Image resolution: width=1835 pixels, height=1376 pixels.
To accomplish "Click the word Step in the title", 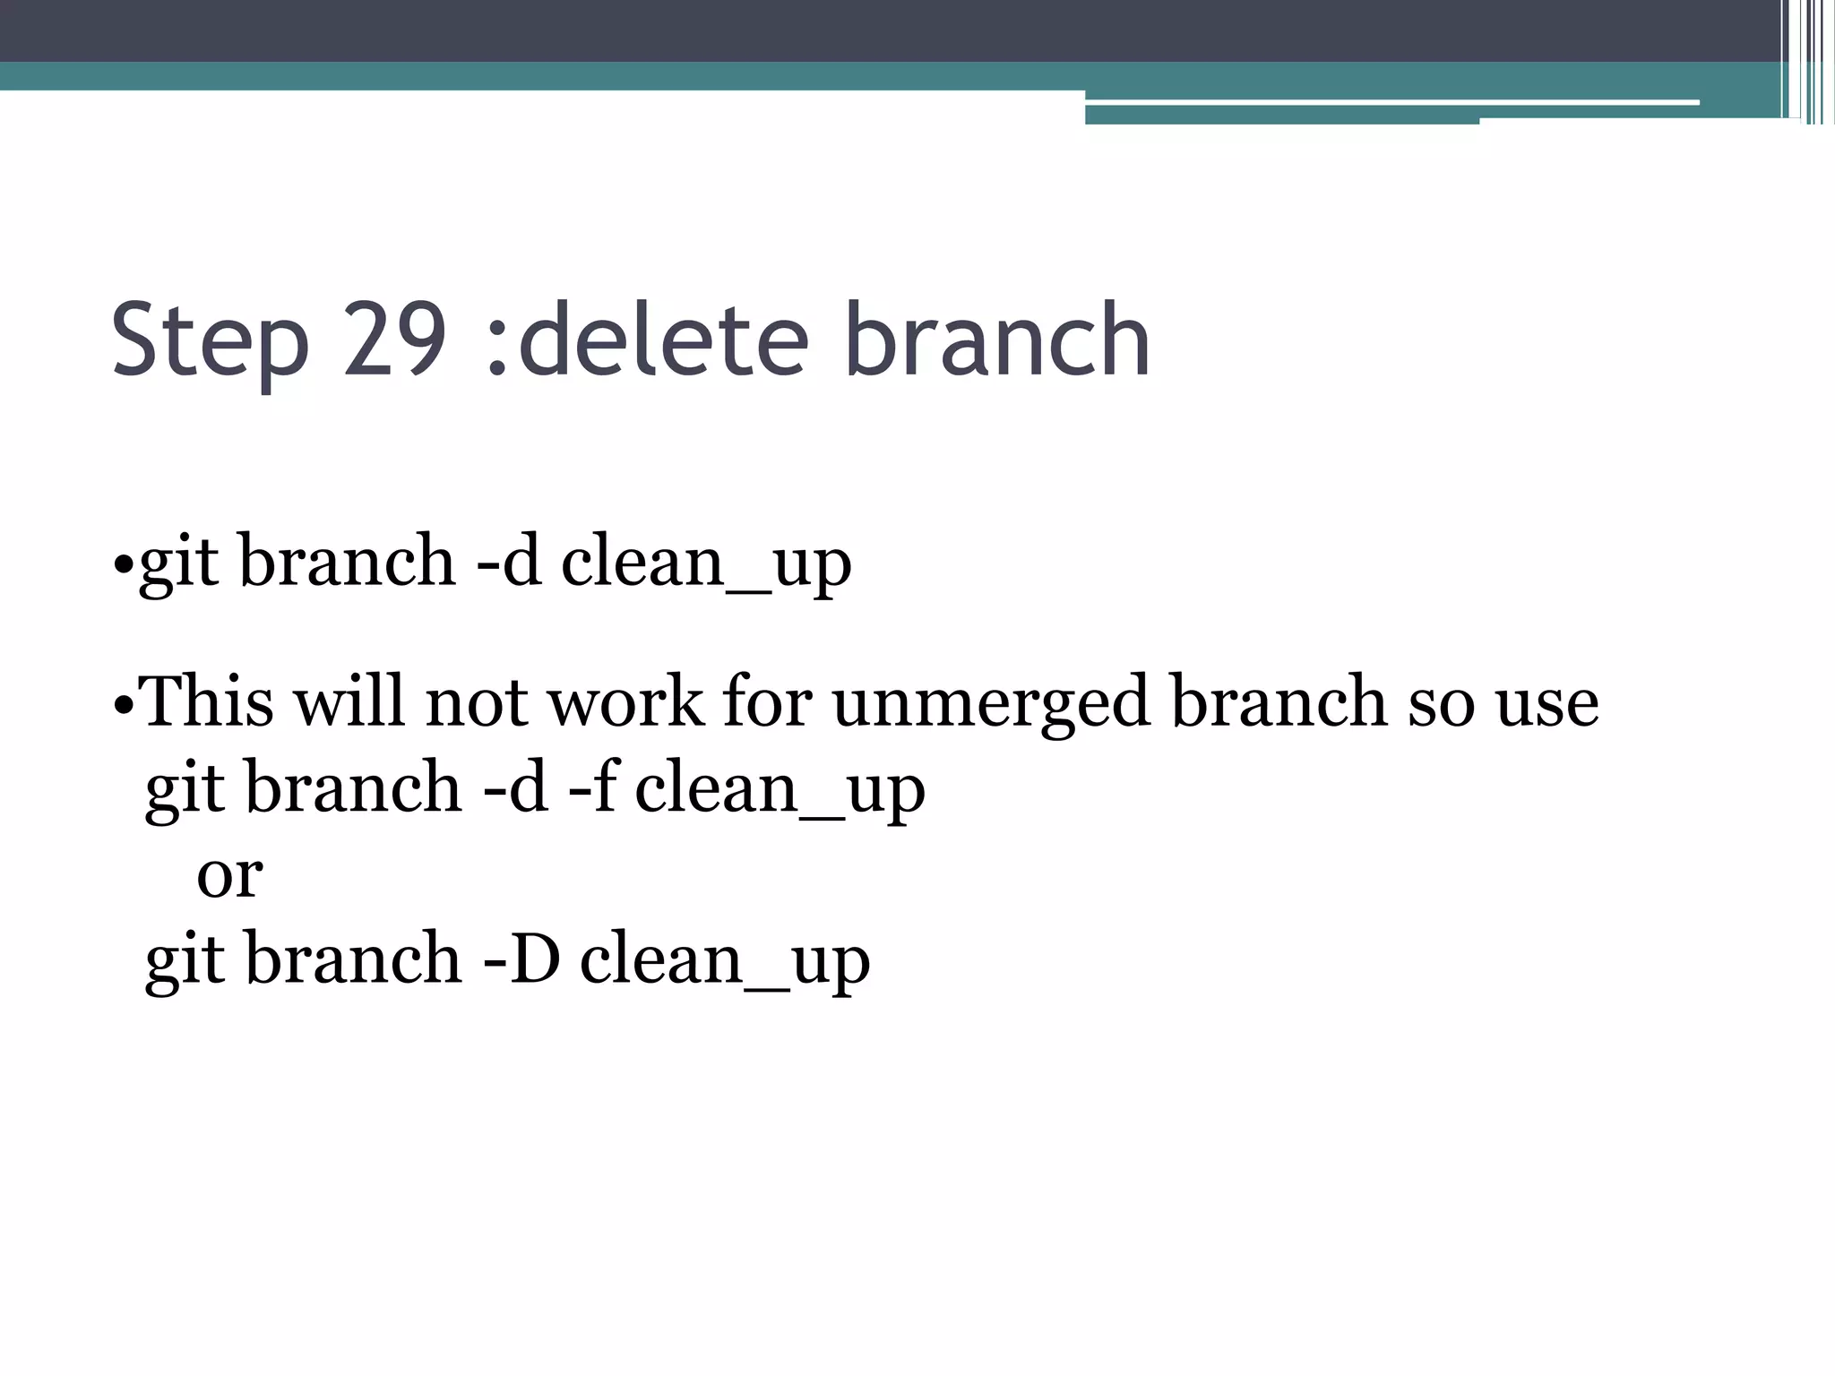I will (x=210, y=341).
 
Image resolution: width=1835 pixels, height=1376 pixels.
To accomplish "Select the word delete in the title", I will (x=663, y=340).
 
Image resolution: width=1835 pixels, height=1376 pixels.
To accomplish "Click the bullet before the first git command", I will (x=123, y=566).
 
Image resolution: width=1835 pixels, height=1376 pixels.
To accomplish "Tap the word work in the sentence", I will (x=626, y=701).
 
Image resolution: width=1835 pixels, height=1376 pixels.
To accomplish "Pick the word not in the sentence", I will (x=477, y=701).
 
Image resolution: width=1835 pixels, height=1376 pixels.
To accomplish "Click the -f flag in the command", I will (x=594, y=787).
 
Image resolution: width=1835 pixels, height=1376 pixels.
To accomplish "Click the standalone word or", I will (x=229, y=874).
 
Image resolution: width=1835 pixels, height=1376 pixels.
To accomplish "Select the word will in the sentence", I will (x=350, y=701).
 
